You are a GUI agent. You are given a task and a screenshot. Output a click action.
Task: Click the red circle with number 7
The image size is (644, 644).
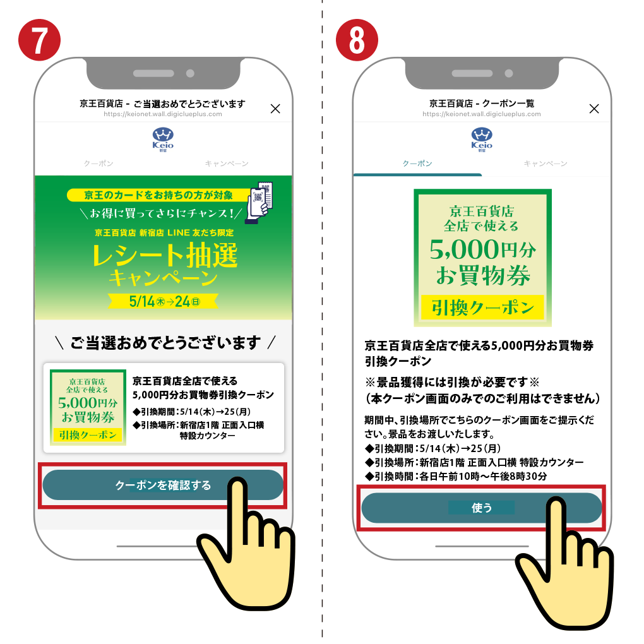point(39,40)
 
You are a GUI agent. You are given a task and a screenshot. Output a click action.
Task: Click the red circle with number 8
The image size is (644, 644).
point(357,40)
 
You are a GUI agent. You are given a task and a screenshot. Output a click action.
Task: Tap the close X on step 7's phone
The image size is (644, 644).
point(275,109)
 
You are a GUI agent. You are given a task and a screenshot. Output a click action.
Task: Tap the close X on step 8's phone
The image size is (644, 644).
point(594,109)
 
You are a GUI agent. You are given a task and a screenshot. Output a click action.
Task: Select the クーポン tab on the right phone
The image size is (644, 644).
point(417,164)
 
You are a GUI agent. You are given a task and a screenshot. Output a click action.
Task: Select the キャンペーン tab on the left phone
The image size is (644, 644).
point(227,164)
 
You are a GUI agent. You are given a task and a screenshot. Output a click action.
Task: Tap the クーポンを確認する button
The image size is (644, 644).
point(163,485)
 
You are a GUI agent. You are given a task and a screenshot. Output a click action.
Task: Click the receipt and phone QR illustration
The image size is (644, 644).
point(259,203)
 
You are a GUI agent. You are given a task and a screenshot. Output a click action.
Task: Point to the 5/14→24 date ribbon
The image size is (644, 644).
point(163,301)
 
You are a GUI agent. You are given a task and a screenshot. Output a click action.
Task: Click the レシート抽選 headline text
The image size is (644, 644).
point(165,255)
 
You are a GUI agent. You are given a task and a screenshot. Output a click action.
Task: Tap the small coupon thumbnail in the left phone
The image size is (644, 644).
point(88,407)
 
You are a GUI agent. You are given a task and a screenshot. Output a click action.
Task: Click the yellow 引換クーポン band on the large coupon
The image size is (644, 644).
point(482,307)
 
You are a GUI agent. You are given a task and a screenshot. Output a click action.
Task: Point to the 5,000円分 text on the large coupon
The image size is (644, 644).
point(482,249)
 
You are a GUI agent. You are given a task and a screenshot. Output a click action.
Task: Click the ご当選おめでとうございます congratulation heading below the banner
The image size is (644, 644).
point(165,343)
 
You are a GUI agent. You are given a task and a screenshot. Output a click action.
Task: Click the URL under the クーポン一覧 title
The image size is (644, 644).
point(481,114)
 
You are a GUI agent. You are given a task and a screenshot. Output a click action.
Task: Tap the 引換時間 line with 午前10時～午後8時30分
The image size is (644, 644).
point(456,477)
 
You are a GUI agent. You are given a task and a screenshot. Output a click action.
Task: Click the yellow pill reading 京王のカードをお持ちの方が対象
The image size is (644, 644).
point(158,195)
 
